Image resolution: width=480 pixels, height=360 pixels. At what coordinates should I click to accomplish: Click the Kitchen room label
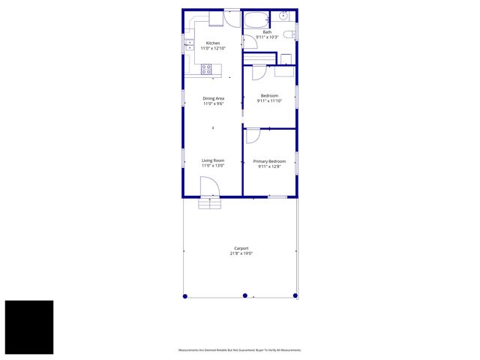point(213,43)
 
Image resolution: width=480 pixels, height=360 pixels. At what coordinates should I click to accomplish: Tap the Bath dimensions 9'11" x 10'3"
point(267,37)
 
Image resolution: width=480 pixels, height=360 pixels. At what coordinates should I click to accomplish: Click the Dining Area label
point(213,98)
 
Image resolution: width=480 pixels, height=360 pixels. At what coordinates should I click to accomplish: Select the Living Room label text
point(213,160)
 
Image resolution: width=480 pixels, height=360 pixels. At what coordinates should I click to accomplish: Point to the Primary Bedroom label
point(268,161)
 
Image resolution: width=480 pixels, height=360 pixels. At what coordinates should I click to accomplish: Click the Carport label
point(241,248)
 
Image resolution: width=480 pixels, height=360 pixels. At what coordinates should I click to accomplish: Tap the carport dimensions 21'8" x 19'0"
point(241,253)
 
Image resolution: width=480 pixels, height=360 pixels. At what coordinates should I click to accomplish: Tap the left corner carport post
point(185,295)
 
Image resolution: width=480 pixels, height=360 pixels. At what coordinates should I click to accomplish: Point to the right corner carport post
point(296,295)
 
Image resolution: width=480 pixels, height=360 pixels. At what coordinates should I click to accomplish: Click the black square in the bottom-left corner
point(29,327)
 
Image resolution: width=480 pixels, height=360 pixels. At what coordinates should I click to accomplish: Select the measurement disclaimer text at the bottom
point(239,350)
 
